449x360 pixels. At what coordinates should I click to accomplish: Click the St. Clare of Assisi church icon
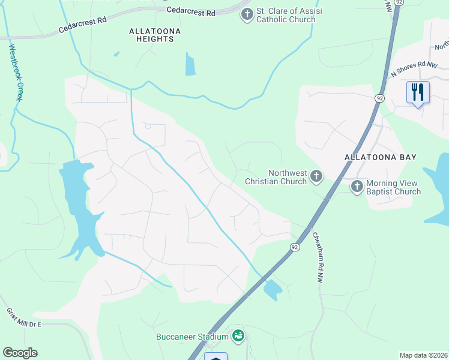pyautogui.click(x=246, y=14)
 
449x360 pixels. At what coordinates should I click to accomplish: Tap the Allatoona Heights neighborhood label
pyautogui.click(x=152, y=34)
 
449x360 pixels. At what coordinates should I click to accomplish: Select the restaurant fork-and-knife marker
pyautogui.click(x=417, y=92)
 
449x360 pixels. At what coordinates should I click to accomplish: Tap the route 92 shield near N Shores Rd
pyautogui.click(x=380, y=98)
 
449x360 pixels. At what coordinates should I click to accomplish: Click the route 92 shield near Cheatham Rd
pyautogui.click(x=295, y=247)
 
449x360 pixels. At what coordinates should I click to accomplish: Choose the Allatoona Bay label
pyautogui.click(x=381, y=157)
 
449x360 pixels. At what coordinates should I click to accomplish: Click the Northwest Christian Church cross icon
pyautogui.click(x=316, y=177)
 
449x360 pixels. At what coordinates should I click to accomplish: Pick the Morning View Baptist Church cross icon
pyautogui.click(x=357, y=187)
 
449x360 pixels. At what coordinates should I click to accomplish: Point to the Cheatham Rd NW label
pyautogui.click(x=318, y=259)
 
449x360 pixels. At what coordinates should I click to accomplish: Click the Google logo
pyautogui.click(x=20, y=353)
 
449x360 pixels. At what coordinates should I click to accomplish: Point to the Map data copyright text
pyautogui.click(x=423, y=355)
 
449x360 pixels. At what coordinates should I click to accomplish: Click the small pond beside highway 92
pyautogui.click(x=273, y=290)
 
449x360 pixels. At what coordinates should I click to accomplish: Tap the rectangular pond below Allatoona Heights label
pyautogui.click(x=190, y=65)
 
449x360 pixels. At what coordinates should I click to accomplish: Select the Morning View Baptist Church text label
pyautogui.click(x=394, y=187)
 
